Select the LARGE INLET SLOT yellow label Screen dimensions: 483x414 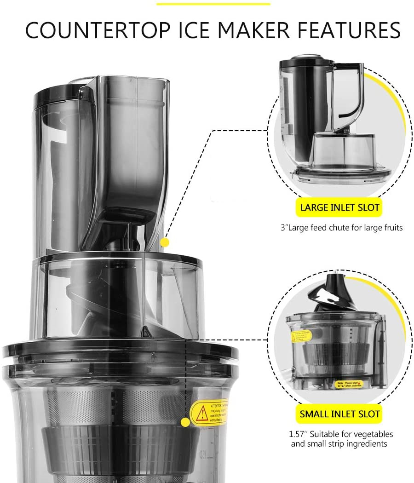click(x=340, y=207)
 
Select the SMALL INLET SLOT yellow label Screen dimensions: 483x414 click(x=340, y=414)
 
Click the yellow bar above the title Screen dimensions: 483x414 click(x=213, y=4)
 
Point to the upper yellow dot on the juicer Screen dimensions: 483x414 click(x=165, y=242)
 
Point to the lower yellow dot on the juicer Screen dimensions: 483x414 click(x=185, y=422)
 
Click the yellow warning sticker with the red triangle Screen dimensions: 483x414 click(x=209, y=411)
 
